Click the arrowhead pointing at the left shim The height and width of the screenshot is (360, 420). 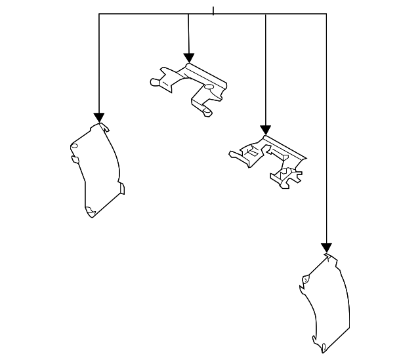[99, 117]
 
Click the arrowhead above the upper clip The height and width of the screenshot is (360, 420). [189, 58]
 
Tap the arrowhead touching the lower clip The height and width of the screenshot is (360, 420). [265, 130]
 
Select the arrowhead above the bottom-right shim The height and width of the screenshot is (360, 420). [326, 248]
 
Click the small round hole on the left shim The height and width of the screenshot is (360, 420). [74, 146]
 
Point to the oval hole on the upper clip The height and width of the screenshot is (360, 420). [209, 87]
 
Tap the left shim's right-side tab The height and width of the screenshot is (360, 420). [121, 188]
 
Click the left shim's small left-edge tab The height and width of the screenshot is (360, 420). [75, 159]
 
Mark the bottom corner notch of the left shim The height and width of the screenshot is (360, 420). [91, 212]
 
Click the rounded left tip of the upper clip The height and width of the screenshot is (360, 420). [154, 82]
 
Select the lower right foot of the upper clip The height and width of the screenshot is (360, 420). [207, 113]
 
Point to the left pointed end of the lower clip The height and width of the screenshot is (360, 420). [232, 155]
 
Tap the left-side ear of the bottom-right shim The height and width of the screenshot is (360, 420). [304, 280]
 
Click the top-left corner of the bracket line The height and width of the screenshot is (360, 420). [99, 14]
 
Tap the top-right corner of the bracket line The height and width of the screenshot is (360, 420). [326, 14]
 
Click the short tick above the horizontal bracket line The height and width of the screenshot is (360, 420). [213, 10]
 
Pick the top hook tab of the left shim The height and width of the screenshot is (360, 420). [104, 127]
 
